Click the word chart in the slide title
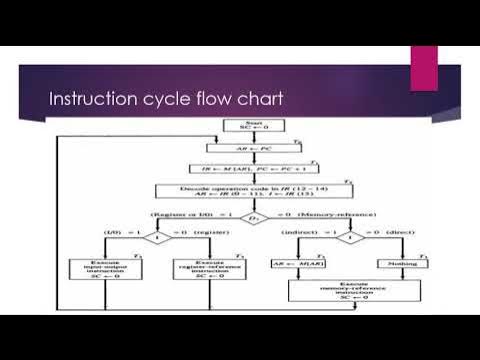[x=257, y=100]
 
